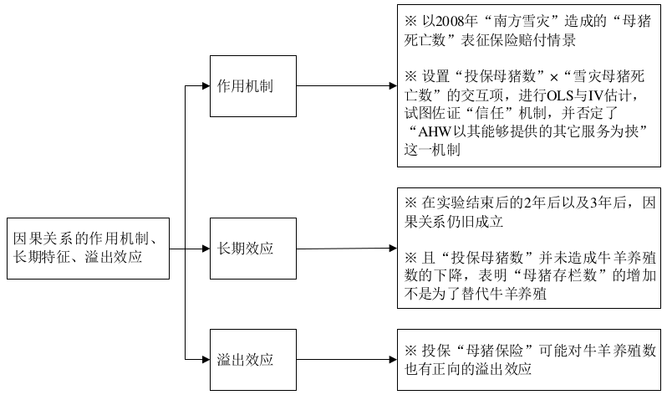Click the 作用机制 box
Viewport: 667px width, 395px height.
coord(252,86)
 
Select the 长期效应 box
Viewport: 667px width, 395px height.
coord(252,249)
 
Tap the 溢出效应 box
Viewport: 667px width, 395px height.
coord(252,361)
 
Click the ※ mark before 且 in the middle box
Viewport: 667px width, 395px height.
coord(410,254)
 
